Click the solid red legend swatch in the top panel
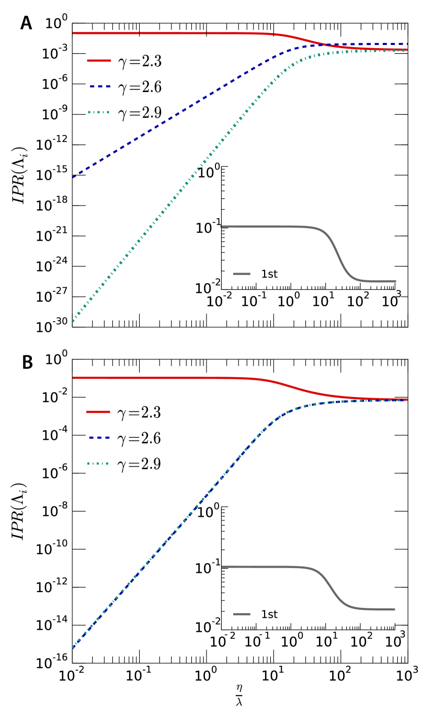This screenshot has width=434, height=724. pos(99,61)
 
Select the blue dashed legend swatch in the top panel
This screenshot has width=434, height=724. pos(100,86)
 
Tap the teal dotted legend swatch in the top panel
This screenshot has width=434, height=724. pos(99,112)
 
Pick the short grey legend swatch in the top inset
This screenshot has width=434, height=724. pos(242,274)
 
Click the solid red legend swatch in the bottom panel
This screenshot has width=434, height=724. pos(98,412)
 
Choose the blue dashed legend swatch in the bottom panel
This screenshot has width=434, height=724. pos(99,437)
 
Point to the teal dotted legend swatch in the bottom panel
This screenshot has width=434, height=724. pos(98,463)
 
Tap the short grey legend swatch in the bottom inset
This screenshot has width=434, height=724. pos(242,614)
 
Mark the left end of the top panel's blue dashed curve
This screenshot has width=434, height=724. pos(73,177)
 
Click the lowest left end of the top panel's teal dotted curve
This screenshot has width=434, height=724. pos(73,321)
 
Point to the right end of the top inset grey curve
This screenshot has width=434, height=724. pos(395,281)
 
